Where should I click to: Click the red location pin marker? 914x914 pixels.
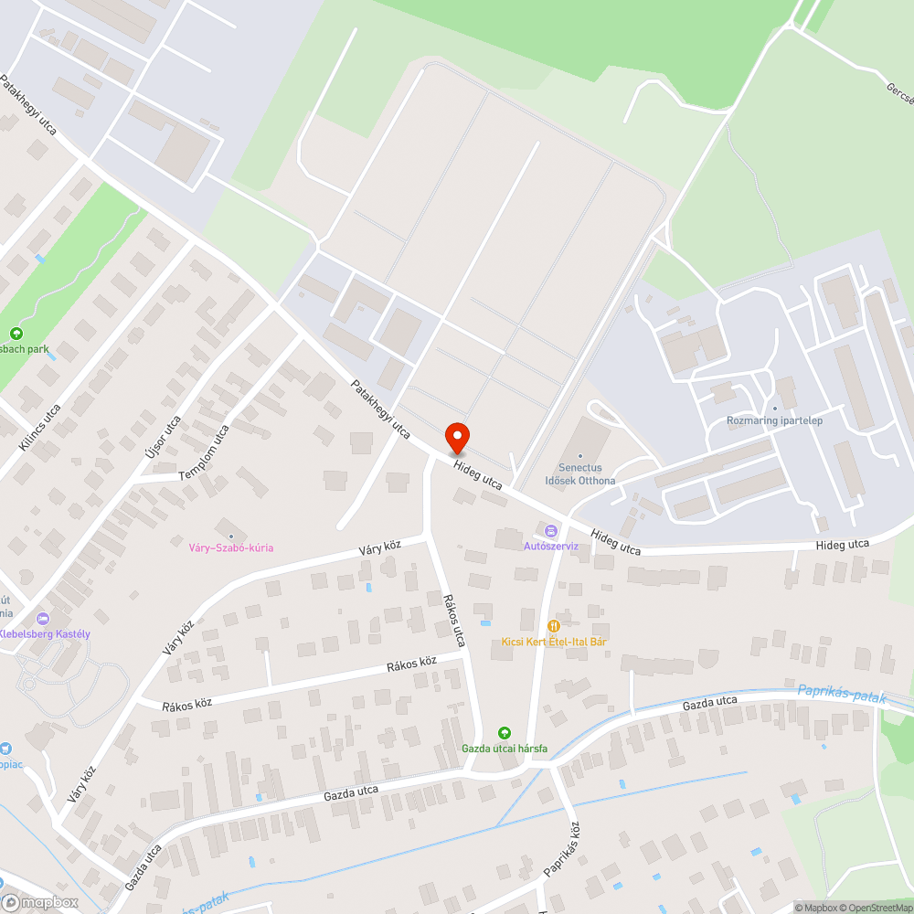pyautogui.click(x=456, y=439)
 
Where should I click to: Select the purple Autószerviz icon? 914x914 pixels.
pyautogui.click(x=551, y=531)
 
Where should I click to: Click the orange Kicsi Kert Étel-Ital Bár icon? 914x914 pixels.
pyautogui.click(x=553, y=626)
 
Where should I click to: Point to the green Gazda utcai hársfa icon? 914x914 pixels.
pyautogui.click(x=504, y=733)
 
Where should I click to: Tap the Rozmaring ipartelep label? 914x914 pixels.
pyautogui.click(x=774, y=420)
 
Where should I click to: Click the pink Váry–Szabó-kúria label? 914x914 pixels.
pyautogui.click(x=230, y=547)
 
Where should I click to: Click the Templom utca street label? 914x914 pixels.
pyautogui.click(x=204, y=453)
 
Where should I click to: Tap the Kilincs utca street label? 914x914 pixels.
pyautogui.click(x=39, y=427)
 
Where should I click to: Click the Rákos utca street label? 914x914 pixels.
pyautogui.click(x=454, y=621)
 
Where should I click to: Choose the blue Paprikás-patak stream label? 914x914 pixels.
pyautogui.click(x=842, y=695)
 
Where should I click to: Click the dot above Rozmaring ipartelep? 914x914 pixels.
pyautogui.click(x=774, y=408)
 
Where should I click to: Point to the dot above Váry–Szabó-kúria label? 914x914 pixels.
pyautogui.click(x=230, y=536)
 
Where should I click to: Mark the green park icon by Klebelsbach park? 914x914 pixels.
pyautogui.click(x=16, y=334)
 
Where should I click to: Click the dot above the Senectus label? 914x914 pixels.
pyautogui.click(x=579, y=455)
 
